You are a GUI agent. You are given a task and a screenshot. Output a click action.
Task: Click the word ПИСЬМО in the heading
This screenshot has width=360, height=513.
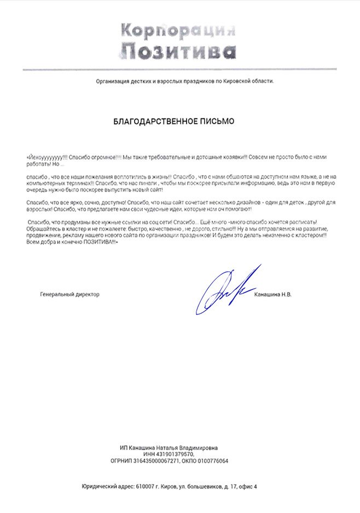215,121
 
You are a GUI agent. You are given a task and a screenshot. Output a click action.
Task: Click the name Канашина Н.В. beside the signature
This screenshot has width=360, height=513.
274,294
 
